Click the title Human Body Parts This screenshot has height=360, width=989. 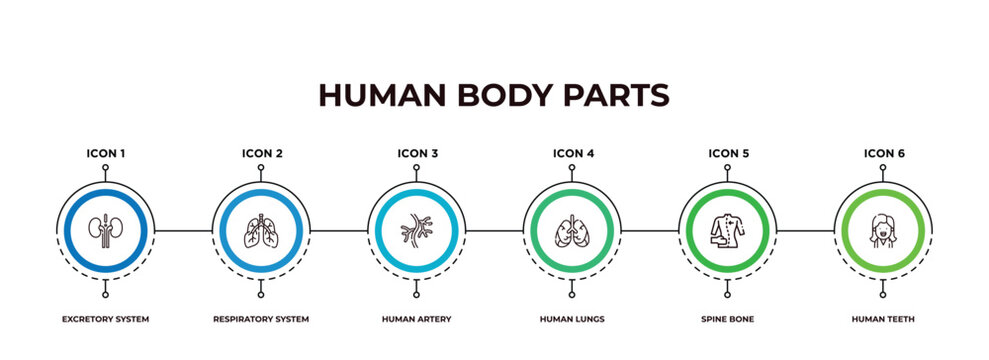[x=494, y=95]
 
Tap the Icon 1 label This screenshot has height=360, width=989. [x=105, y=153]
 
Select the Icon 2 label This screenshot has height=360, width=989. [x=261, y=153]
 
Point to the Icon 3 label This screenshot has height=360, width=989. [x=417, y=153]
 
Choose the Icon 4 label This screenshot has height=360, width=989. [x=573, y=153]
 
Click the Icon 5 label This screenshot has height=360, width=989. [x=728, y=153]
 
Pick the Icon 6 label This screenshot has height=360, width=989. [x=884, y=153]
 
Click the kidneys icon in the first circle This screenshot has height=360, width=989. [x=105, y=230]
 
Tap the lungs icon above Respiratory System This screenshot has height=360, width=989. [x=261, y=230]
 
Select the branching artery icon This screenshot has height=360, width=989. [x=416, y=231]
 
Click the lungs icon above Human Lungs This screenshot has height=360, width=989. [x=572, y=230]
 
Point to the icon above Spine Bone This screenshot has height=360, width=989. [x=727, y=230]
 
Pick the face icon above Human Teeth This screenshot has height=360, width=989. [x=883, y=230]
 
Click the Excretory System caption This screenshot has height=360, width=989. [x=105, y=319]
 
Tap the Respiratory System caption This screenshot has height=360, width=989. [x=261, y=319]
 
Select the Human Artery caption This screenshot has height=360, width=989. [x=417, y=319]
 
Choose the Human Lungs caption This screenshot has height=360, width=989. [x=572, y=319]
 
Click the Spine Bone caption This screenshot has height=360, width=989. [x=728, y=319]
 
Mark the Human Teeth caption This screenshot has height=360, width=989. [x=884, y=319]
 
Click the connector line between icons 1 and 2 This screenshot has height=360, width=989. [x=183, y=231]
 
